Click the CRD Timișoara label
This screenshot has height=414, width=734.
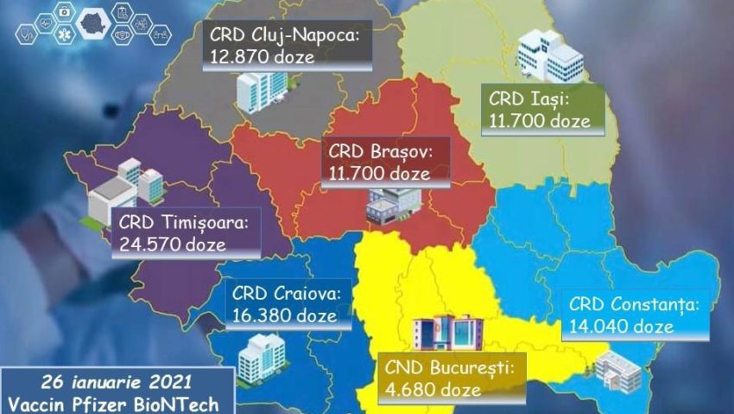coord(183,223)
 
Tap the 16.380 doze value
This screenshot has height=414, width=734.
coord(284,315)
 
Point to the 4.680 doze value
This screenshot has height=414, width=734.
coord(433,390)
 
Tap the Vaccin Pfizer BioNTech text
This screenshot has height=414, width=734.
coord(116,403)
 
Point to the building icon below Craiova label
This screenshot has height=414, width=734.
coord(261,356)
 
